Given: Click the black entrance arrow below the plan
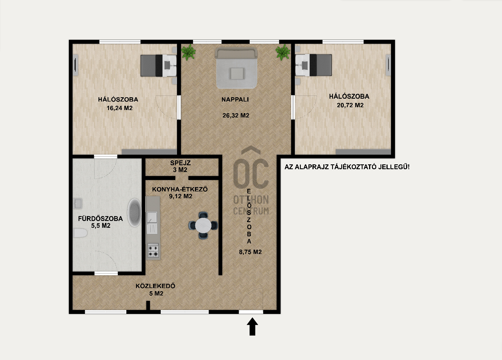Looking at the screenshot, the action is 252,327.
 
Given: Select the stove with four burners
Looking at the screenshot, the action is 153,251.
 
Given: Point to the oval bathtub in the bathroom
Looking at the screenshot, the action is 134,212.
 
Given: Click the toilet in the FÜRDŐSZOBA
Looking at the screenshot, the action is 80,233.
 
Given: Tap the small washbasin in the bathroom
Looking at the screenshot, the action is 78,203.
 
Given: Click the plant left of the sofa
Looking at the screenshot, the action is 188,52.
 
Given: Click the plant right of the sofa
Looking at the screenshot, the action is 283,52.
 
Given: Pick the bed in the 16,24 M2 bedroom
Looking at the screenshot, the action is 159,65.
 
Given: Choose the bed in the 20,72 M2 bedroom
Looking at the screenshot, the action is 314,65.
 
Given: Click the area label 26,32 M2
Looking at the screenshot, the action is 236,115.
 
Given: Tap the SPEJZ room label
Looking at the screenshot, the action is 180,163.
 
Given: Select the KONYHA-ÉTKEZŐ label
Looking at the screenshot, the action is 180,189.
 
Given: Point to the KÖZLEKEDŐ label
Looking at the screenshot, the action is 155,286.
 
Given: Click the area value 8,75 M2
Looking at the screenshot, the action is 250,252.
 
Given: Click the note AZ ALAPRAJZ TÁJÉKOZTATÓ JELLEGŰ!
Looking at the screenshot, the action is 347,167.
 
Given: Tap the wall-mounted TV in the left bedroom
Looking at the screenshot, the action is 75,65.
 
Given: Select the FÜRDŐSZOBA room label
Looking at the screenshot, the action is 100,218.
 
